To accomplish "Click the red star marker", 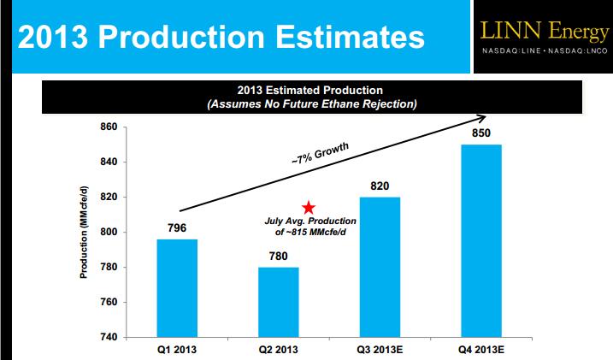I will (309, 208).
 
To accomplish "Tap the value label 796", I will (177, 227).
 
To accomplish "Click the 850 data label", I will (480, 133).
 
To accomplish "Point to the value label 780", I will (278, 256).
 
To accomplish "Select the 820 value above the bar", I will (380, 186).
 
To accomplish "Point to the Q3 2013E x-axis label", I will (380, 349).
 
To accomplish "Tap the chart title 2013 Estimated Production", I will (309, 90).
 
